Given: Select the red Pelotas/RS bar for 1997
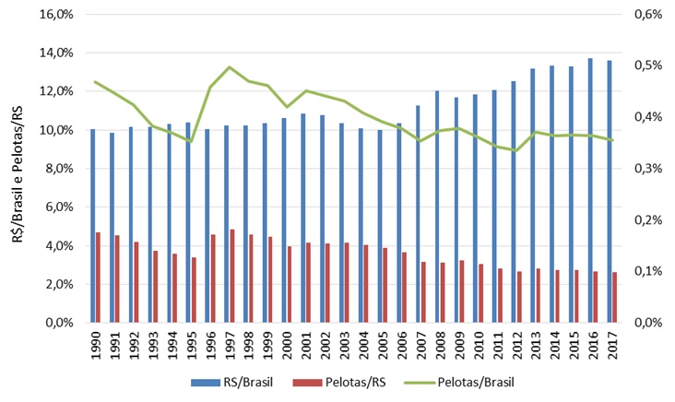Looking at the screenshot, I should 232,276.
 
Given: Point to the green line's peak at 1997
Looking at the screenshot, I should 230,67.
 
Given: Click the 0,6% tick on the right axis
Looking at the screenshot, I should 641,14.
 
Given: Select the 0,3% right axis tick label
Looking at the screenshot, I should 641,169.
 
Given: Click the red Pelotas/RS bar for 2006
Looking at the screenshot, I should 403,287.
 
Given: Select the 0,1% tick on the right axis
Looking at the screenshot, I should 641,272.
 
